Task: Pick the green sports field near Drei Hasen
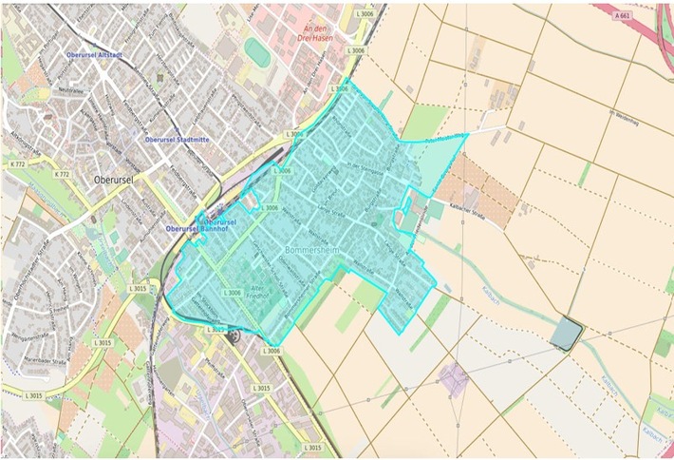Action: pos(256,52)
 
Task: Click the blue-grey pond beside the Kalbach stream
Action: pos(566,333)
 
